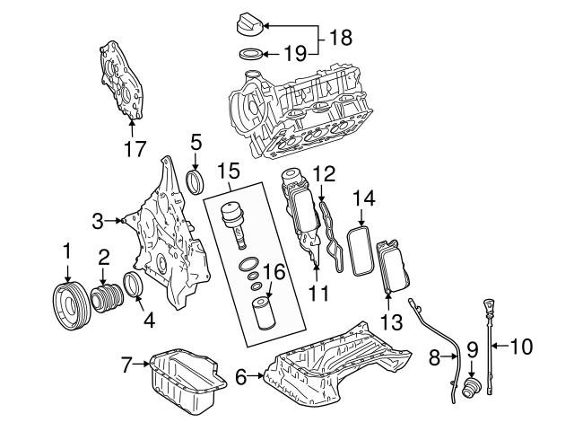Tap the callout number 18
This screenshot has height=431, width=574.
[x=339, y=38]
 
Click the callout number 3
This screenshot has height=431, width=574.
[x=99, y=218]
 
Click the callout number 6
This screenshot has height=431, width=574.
[x=241, y=378]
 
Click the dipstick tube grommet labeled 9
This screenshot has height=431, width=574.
[x=471, y=387]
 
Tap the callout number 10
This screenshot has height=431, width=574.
[x=521, y=343]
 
